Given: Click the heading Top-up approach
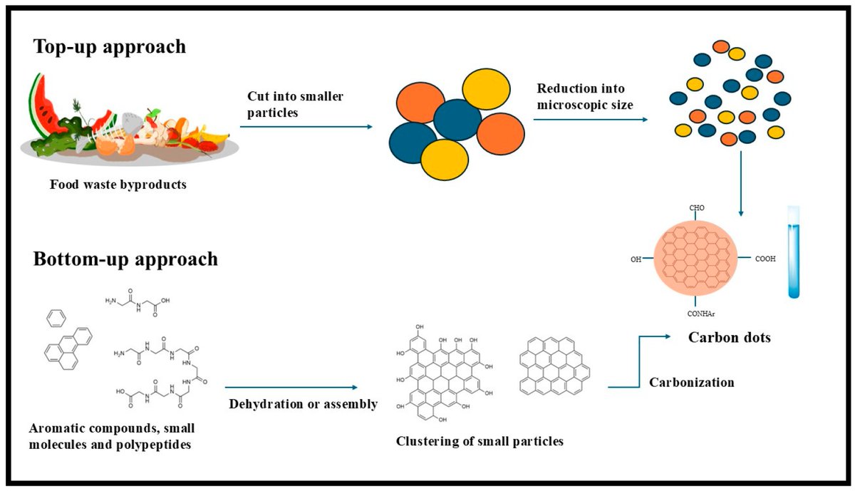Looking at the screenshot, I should click(x=109, y=47).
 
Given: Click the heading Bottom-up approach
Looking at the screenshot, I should click(x=125, y=259).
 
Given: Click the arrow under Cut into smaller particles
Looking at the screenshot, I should click(x=306, y=127).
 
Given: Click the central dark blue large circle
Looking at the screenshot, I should click(x=457, y=119).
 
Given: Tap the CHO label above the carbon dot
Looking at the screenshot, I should click(x=696, y=208).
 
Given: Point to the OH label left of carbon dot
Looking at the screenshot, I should click(x=636, y=259).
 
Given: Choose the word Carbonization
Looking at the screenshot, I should click(x=691, y=383).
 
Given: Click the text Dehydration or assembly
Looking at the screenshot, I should click(x=303, y=405).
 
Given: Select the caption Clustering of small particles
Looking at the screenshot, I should click(x=480, y=441).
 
